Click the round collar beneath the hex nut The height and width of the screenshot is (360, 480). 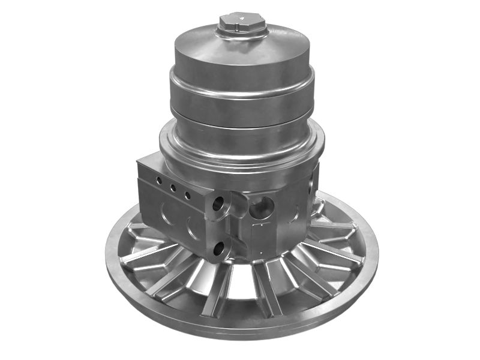coord(241,35)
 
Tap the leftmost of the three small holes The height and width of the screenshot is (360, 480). coord(159,180)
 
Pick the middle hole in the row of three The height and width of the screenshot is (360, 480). coord(173,188)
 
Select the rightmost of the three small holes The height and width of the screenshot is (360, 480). coord(187,196)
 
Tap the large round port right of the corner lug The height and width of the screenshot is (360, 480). coord(262,208)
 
